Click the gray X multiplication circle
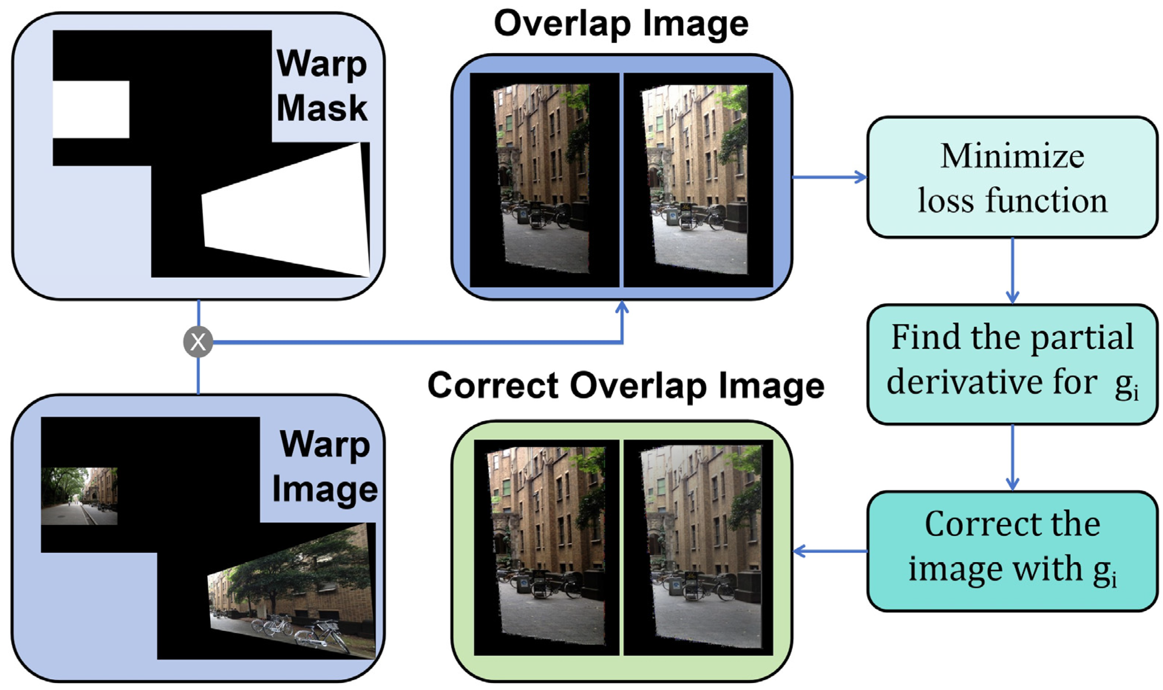[198, 342]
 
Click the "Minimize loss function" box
[1012, 177]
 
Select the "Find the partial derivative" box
[1012, 364]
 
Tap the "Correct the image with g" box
[1012, 551]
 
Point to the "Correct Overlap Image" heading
[626, 386]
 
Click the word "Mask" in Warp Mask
[322, 108]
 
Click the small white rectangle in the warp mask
[90, 109]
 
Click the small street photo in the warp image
[79, 496]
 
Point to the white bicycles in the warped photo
[302, 630]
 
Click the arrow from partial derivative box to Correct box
[1012, 458]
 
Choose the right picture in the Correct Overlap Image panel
[698, 547]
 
